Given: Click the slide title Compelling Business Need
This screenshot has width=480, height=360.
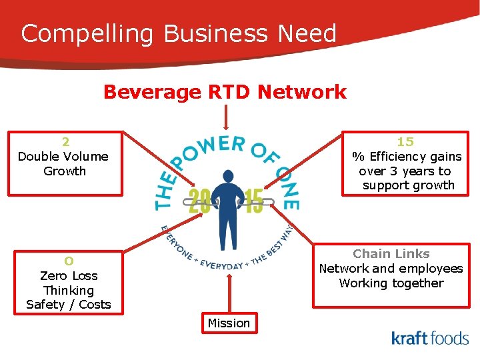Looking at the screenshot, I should point(179,33).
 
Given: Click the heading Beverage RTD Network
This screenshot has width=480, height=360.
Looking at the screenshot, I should point(225,92).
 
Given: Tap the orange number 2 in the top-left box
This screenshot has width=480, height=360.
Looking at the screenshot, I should point(65,141).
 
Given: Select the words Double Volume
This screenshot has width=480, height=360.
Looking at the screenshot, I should point(63,157).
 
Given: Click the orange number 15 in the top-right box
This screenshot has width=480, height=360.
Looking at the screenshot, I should point(405,141).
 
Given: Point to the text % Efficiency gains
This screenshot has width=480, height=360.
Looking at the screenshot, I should point(407,157).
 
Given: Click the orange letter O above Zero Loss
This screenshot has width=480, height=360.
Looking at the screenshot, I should point(69,261).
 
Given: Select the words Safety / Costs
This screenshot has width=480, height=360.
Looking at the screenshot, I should point(69,305).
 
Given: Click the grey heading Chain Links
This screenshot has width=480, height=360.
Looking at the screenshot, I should point(391,253).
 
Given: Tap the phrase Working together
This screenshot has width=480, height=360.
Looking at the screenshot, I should point(391,283).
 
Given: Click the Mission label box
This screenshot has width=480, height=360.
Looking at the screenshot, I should point(229,323).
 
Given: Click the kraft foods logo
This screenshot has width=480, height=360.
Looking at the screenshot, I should point(430,338).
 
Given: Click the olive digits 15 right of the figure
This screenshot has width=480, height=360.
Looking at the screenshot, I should point(254,201).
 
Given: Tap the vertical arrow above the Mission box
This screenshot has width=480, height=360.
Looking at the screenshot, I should point(229,293).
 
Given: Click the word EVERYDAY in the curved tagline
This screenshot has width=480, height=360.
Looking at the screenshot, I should point(222,264).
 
